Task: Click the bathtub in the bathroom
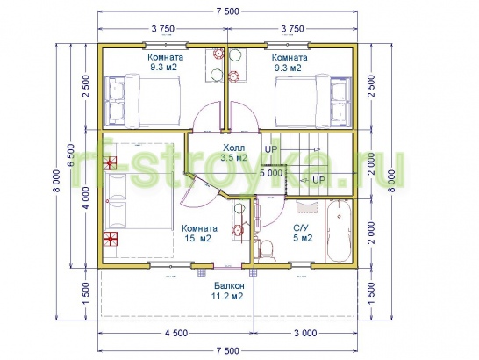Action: click(x=338, y=231)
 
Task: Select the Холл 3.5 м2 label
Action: click(x=233, y=153)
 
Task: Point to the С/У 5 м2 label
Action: click(x=303, y=233)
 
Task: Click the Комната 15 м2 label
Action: click(x=199, y=234)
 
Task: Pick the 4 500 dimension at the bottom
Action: click(x=176, y=333)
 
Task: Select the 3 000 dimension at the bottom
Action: click(x=305, y=333)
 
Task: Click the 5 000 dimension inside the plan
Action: click(x=271, y=174)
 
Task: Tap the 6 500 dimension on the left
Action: click(x=71, y=155)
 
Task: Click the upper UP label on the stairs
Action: click(x=271, y=149)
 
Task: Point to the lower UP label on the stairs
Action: click(x=318, y=180)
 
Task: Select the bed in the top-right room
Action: click(x=313, y=101)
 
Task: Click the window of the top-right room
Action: click(x=288, y=46)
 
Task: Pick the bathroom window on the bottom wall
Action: click(x=301, y=264)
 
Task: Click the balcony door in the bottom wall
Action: click(x=227, y=267)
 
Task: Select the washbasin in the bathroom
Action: click(x=307, y=206)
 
